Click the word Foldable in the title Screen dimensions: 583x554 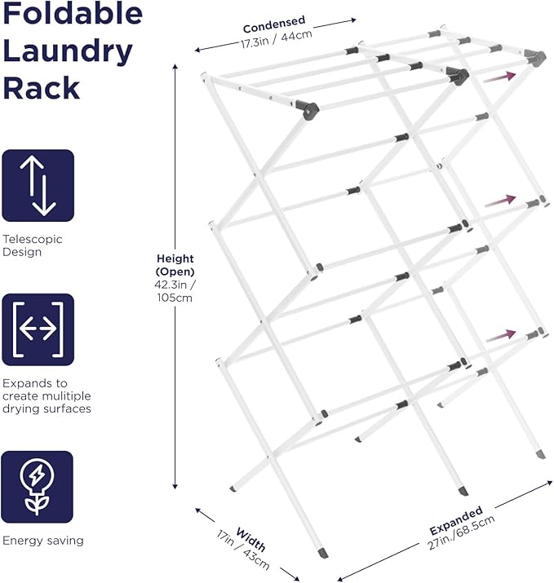click(73, 15)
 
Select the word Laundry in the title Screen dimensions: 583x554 click(68, 51)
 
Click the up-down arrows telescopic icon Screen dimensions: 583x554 click(38, 185)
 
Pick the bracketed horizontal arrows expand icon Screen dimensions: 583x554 click(38, 329)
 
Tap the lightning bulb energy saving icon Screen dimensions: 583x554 click(38, 483)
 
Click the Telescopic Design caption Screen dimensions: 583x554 click(33, 245)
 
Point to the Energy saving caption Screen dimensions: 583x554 click(42, 540)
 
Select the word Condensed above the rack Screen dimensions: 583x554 click(274, 20)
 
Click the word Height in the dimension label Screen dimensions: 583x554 click(175, 259)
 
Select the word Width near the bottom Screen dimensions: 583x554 click(251, 541)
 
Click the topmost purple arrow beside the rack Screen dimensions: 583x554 click(499, 77)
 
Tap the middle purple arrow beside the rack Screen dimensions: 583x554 click(499, 200)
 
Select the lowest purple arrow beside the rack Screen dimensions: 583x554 click(499, 334)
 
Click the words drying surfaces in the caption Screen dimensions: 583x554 click(47, 409)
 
